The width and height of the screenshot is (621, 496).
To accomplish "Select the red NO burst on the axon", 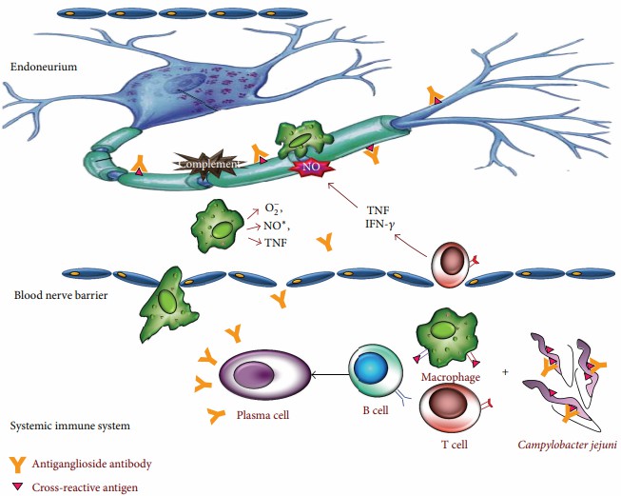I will pos(310,168).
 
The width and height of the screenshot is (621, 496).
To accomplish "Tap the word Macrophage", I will pos(447,377).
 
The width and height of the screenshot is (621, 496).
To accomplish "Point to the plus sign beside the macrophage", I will pos(505,370).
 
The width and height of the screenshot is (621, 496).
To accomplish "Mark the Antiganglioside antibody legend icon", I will pos(18,464).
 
